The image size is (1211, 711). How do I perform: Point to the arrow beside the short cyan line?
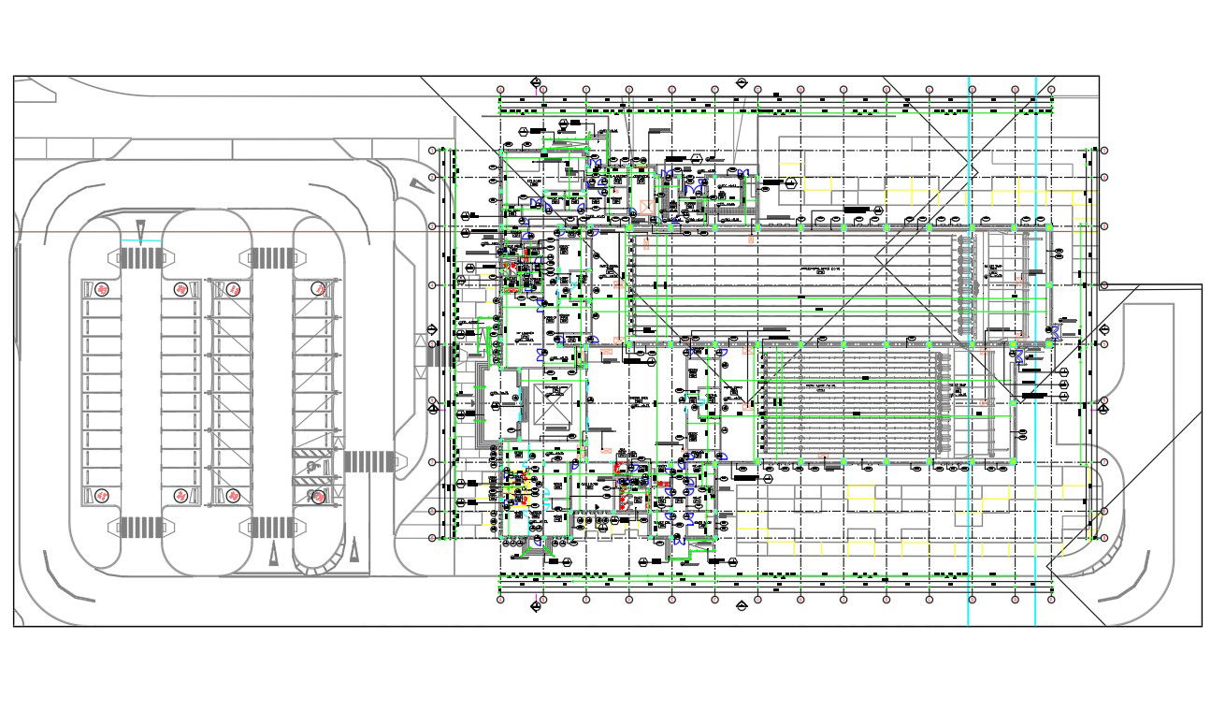140,227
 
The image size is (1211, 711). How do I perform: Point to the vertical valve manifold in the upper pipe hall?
966,283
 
